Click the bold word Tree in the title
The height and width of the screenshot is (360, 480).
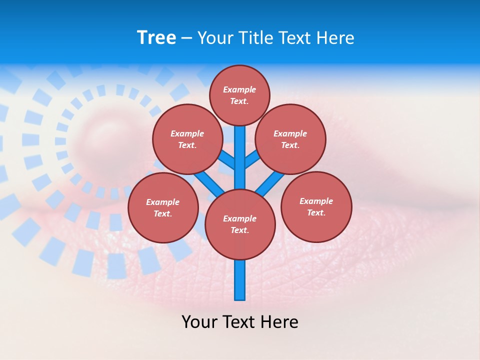click(156, 37)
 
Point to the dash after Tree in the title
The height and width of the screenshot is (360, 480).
click(186, 38)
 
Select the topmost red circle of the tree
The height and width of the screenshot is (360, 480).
click(239, 95)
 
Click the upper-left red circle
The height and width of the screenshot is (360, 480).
click(187, 139)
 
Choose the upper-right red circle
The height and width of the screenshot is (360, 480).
click(290, 139)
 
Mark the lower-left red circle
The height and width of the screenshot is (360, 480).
click(163, 207)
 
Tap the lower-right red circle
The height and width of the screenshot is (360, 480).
click(316, 206)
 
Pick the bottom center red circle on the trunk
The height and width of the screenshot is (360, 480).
click(240, 224)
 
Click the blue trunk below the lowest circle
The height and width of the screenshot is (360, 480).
click(240, 280)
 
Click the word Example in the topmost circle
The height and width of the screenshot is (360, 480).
click(239, 89)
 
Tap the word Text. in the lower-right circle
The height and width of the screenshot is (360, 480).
click(316, 212)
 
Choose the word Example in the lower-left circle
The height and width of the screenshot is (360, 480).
click(162, 202)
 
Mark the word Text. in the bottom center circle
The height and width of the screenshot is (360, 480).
click(240, 230)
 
